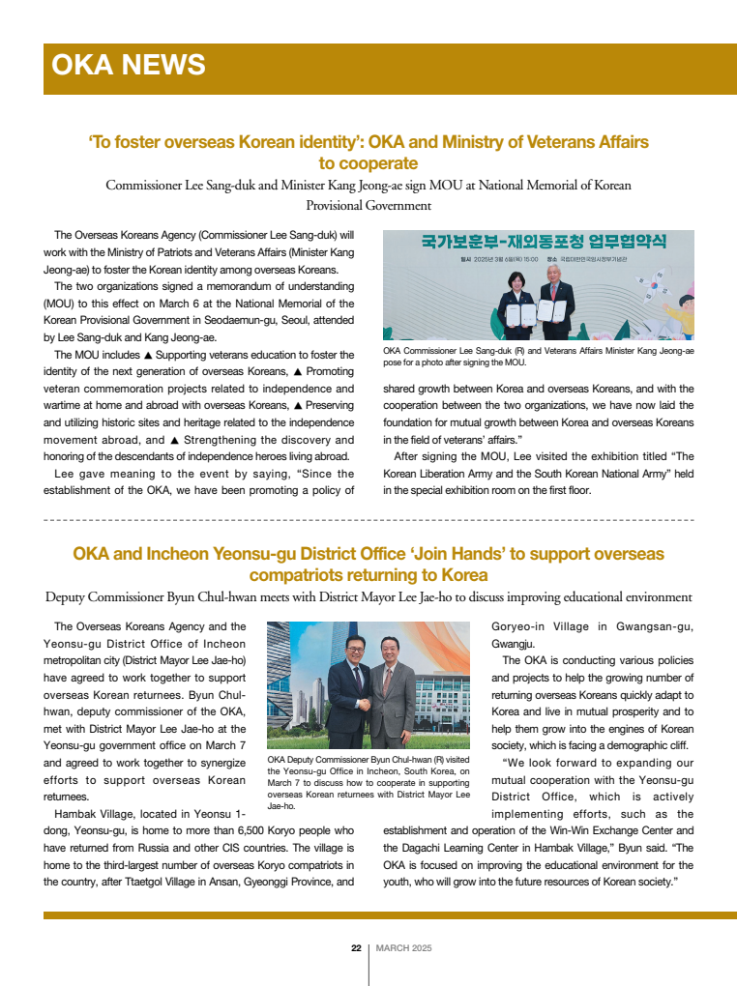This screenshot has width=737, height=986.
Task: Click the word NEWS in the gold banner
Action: (x=163, y=65)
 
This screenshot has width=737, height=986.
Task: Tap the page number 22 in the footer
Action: (x=356, y=948)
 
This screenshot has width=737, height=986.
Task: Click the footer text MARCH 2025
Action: (x=403, y=948)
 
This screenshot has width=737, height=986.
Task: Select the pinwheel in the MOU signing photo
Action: (x=646, y=292)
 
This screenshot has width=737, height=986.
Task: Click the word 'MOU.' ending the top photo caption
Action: (x=515, y=362)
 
